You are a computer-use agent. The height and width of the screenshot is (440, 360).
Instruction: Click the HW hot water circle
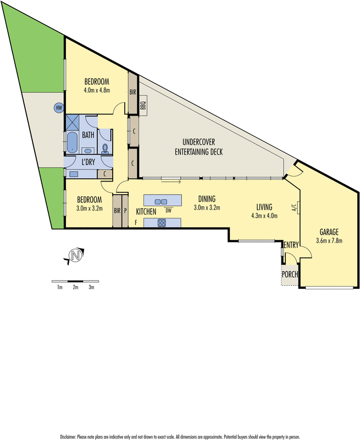tap(59, 108)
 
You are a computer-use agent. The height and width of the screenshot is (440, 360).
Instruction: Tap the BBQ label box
tap(143, 105)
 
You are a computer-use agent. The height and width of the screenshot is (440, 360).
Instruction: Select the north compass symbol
tap(75, 256)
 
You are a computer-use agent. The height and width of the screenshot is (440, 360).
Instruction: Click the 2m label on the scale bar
tap(75, 287)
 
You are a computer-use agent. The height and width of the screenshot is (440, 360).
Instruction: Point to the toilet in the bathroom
tap(105, 148)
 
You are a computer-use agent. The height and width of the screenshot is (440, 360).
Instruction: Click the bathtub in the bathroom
tap(73, 142)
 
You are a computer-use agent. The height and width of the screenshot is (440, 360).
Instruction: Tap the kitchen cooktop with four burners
tap(162, 223)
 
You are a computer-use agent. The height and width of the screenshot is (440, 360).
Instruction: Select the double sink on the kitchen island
tap(161, 201)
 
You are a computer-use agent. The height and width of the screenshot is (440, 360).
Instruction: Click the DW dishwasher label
tap(168, 210)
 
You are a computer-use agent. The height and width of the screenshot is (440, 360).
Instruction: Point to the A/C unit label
tap(295, 207)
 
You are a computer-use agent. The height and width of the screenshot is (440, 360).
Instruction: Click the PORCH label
tap(290, 274)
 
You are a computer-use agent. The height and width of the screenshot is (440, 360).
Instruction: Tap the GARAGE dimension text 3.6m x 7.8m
tap(329, 240)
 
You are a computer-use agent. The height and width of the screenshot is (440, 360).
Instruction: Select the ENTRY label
tap(291, 245)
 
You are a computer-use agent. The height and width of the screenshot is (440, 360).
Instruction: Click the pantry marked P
tap(125, 211)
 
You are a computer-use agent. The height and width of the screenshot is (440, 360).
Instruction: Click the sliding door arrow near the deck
tap(171, 182)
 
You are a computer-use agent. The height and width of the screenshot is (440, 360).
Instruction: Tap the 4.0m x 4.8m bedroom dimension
tap(97, 90)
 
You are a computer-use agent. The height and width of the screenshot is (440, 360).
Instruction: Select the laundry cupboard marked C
tap(104, 174)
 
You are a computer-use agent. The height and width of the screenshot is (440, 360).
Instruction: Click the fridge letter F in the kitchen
tap(136, 223)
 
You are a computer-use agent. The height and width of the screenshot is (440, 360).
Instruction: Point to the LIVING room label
tap(264, 207)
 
